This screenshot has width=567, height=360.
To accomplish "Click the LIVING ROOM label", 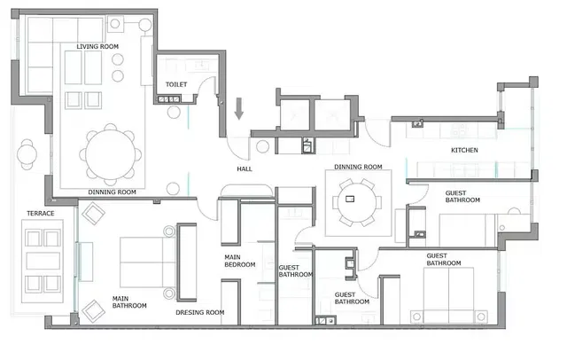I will (x=98, y=46).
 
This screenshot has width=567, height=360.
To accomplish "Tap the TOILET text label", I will (x=176, y=85).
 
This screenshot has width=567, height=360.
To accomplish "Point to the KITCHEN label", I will (x=464, y=151).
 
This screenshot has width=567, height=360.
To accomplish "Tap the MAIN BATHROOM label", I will (x=128, y=303).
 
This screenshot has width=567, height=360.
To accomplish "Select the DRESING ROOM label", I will (x=200, y=312).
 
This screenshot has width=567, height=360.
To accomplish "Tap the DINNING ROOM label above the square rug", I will (x=358, y=167).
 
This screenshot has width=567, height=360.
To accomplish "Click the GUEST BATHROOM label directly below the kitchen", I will (x=462, y=197).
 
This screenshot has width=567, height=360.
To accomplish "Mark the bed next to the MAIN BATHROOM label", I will (x=142, y=262).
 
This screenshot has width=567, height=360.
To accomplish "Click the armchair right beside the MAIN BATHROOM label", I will (x=93, y=310).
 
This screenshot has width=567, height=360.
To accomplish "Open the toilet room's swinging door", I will (x=208, y=89).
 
